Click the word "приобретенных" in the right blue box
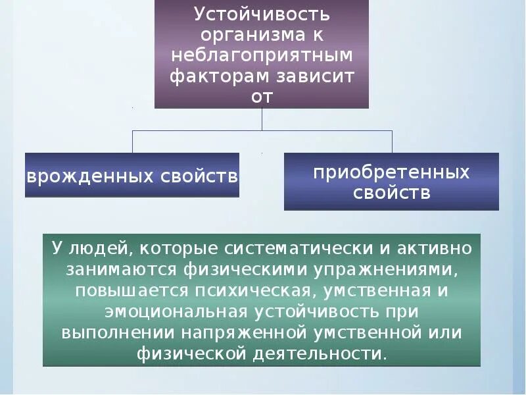[391, 172]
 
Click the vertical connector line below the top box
[262, 119]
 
